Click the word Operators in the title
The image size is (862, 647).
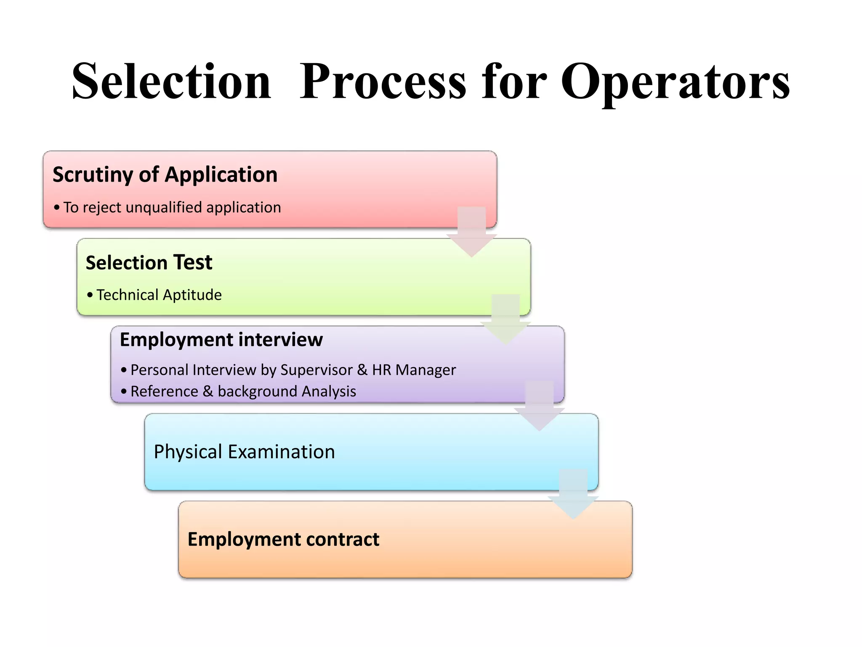coord(675,82)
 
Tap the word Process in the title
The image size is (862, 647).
coord(383,82)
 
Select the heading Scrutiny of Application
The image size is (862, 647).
coord(165,174)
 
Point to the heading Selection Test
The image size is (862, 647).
coord(149,262)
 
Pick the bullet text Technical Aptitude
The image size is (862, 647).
coord(159,295)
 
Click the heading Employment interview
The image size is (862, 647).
coord(221,340)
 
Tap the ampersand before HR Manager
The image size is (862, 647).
coord(362,370)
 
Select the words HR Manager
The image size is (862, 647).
coord(414,370)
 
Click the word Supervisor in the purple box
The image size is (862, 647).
coord(317,370)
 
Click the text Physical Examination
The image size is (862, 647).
coord(244,452)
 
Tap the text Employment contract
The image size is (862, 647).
coord(283,540)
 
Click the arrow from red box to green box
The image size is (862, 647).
coord(471,232)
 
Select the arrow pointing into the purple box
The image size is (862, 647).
coord(505,319)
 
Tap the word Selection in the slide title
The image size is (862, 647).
coord(172,82)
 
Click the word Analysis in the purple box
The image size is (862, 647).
coord(329,391)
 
